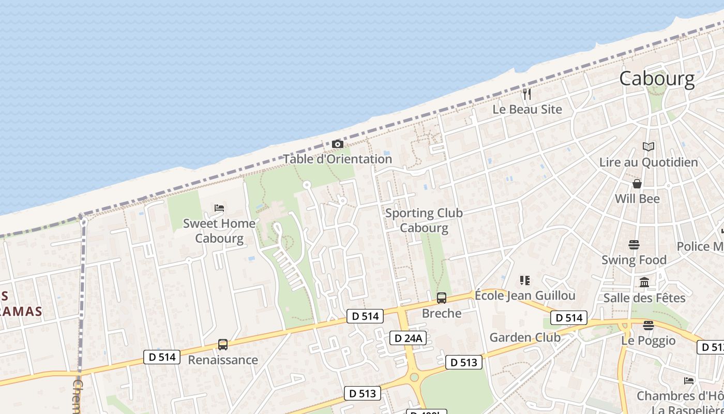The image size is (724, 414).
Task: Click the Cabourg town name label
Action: [x=657, y=79]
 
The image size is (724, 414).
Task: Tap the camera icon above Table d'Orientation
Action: [x=338, y=144]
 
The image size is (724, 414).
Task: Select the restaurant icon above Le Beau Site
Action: [x=527, y=94]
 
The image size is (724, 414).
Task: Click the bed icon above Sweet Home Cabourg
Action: [x=219, y=208]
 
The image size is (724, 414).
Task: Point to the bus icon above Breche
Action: [x=442, y=298]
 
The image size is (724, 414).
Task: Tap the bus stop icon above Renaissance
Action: [x=223, y=344]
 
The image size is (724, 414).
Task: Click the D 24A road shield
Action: [x=408, y=338]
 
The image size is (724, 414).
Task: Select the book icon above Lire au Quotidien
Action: [x=648, y=146]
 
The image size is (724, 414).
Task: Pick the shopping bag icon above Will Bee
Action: [x=637, y=184]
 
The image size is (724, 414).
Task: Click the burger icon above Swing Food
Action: [x=634, y=244]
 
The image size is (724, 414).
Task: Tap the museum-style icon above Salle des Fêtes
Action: [x=644, y=282]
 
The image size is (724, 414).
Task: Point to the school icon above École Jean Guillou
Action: [x=525, y=280]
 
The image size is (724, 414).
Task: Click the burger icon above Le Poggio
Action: [x=648, y=325]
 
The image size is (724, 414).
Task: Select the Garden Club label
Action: [x=525, y=337]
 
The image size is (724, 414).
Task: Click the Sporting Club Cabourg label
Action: [x=424, y=220]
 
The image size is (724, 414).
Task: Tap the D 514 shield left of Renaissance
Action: [x=162, y=357]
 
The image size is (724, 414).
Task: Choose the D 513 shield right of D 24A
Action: [x=463, y=362]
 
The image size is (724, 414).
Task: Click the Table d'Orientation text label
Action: [x=338, y=159]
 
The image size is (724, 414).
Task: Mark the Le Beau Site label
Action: [x=527, y=109]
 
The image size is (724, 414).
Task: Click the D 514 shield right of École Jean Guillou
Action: [x=569, y=317]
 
